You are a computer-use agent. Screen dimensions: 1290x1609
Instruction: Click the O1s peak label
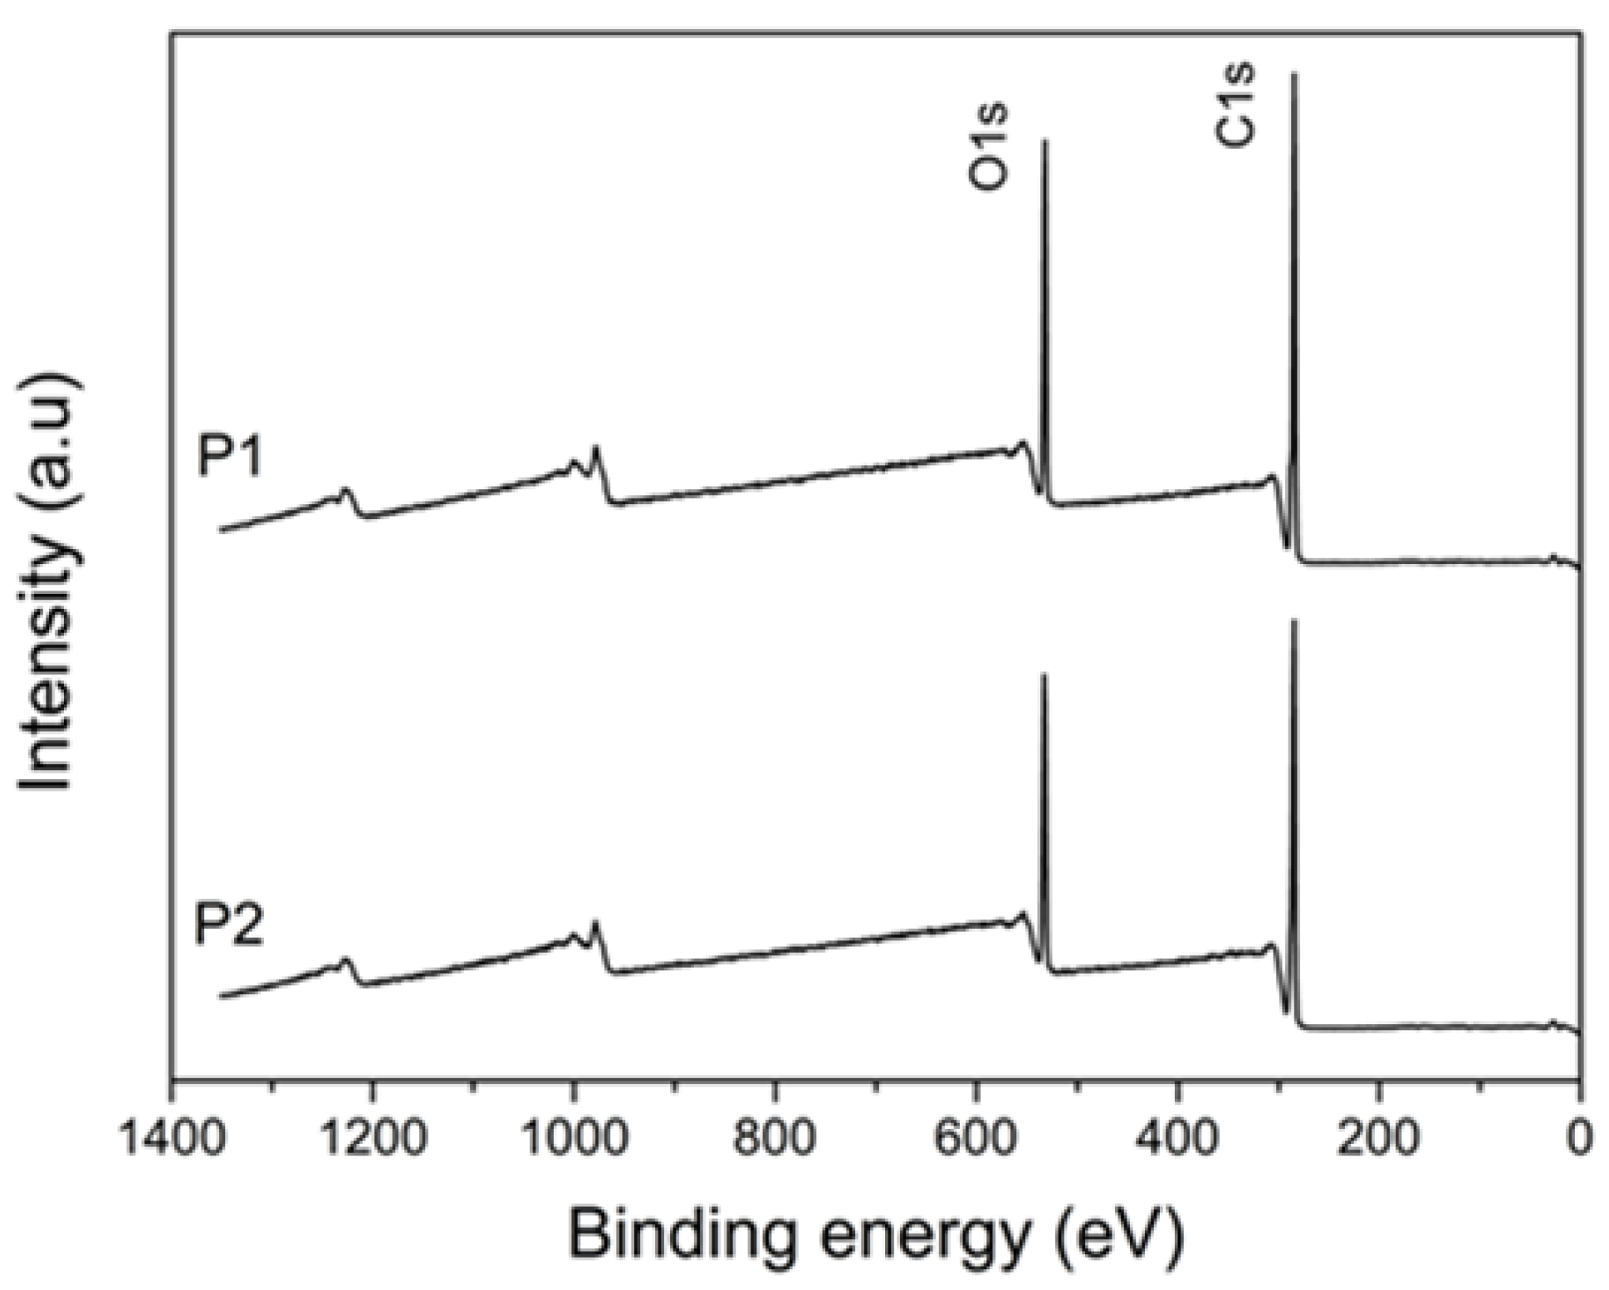[x=990, y=147]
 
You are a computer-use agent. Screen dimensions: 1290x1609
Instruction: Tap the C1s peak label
[x=1235, y=106]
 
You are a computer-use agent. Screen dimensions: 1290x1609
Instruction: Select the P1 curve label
[x=230, y=456]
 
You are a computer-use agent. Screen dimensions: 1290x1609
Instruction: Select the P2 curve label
[x=228, y=925]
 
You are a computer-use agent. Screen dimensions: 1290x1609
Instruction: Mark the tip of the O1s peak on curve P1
[x=1044, y=141]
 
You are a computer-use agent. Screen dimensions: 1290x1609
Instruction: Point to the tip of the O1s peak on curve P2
[x=1044, y=674]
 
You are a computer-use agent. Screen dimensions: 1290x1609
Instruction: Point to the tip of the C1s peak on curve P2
[x=1294, y=620]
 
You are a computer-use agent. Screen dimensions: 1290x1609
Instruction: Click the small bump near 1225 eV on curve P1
[x=346, y=491]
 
